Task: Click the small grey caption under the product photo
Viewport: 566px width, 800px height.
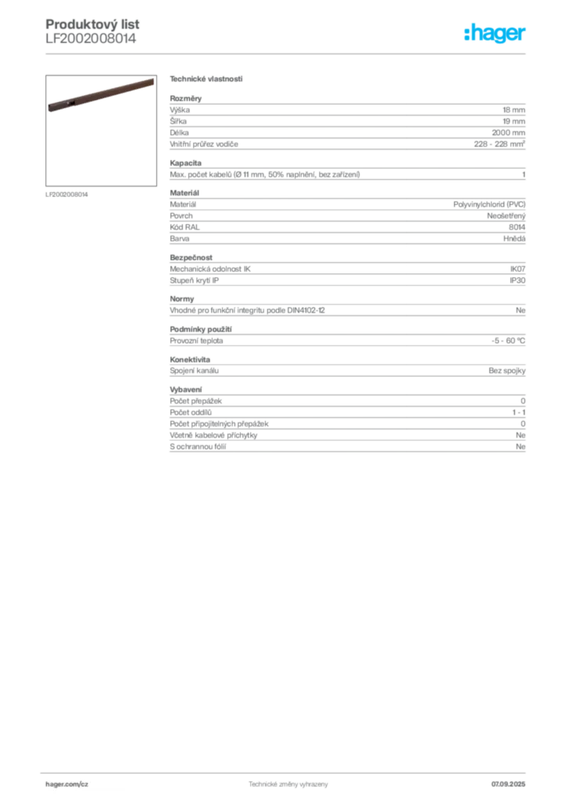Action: coord(69,194)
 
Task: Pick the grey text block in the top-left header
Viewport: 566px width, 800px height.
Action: coord(90,31)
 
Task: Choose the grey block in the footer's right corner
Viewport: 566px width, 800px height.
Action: coord(514,781)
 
